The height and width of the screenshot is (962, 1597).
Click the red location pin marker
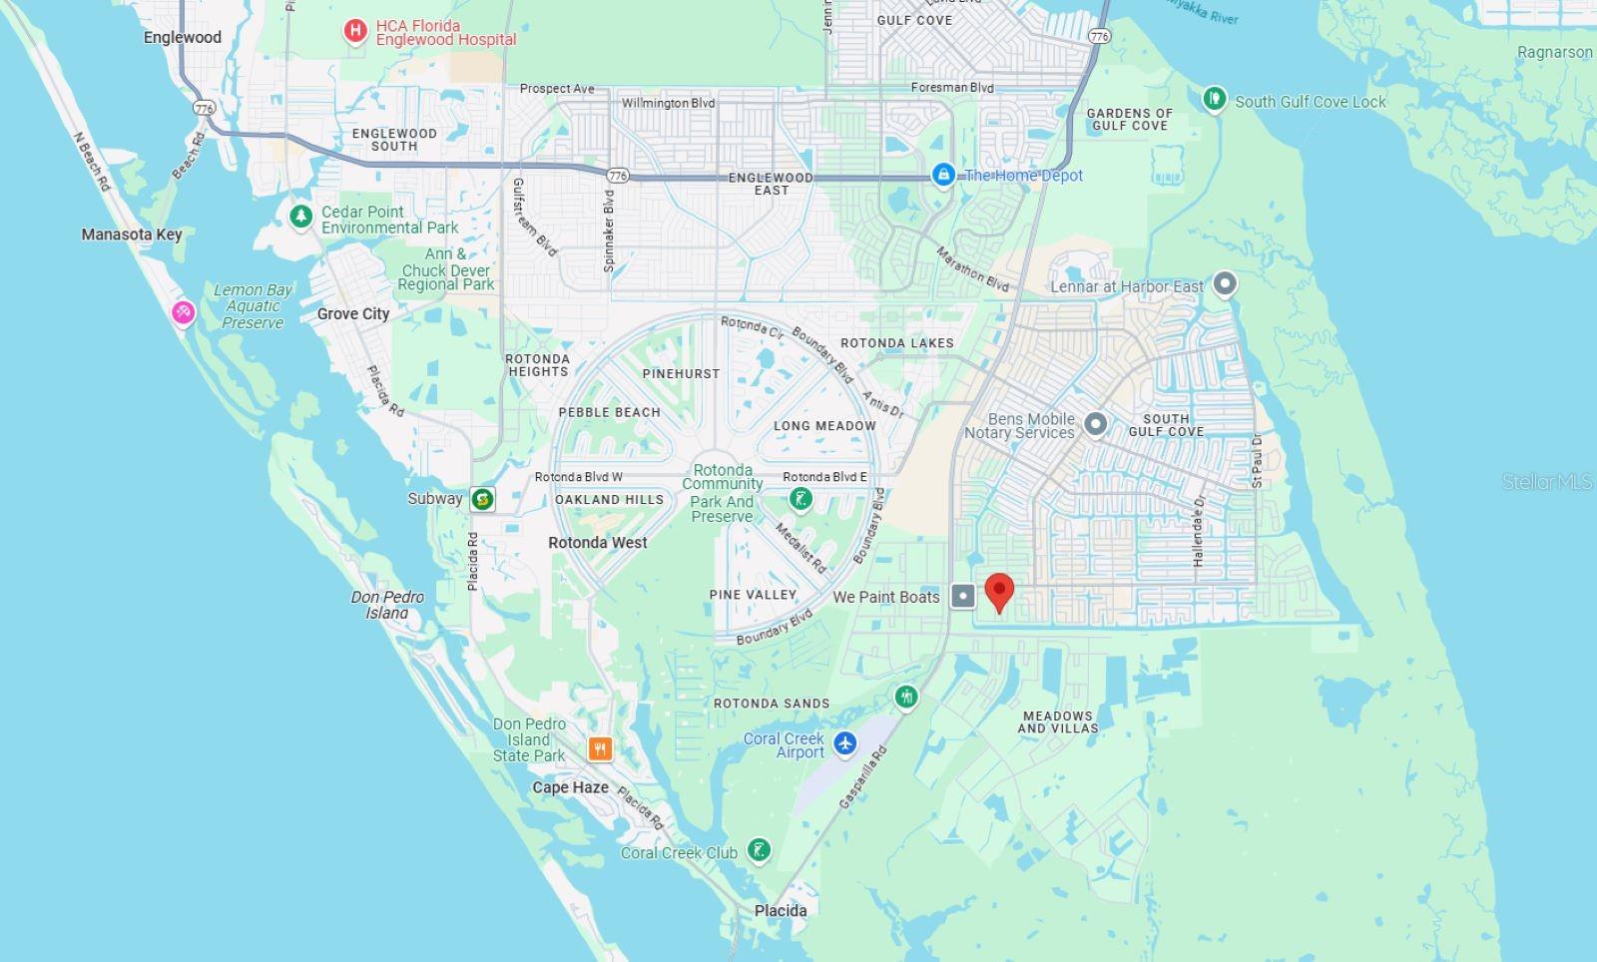pos(999,591)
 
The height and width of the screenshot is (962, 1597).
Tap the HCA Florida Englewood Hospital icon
pos(354,32)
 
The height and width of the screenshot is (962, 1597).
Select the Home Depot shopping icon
pos(943,175)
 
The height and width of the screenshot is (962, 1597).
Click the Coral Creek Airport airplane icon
pos(845,743)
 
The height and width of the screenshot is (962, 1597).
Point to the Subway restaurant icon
pos(483,499)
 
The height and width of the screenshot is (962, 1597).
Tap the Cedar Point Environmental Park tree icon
pos(300,216)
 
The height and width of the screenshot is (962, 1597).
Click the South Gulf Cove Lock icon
pos(1215,99)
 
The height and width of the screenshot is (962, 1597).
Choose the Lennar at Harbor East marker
pos(1225,284)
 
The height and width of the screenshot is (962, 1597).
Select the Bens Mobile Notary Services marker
pos(1095,424)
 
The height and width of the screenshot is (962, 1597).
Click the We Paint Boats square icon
pos(963,597)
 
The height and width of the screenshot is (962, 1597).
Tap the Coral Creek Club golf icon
pos(759,850)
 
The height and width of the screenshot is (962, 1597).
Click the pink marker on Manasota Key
pos(183,313)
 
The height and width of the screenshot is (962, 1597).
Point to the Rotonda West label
pos(598,543)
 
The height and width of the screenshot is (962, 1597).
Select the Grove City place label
pos(353,314)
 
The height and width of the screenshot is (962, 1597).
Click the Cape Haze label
pos(570,787)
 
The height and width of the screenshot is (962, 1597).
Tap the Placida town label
pos(781,910)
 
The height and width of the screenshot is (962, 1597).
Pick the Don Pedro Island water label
pos(387,605)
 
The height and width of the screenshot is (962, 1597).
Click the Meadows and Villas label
pos(1058,722)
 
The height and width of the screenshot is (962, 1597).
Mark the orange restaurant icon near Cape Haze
pos(600,748)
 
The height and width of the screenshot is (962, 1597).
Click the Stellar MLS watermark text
pos(1547,482)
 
